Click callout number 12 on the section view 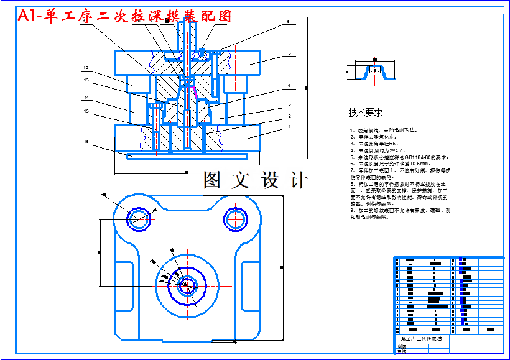pos(86,68)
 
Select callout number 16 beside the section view pos(86,142)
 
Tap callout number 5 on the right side pos(289,54)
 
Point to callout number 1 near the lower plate pos(289,126)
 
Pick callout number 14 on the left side pos(86,98)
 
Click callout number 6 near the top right pos(289,22)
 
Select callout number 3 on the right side pos(289,104)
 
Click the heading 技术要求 pos(365,113)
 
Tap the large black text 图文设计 pos(256,180)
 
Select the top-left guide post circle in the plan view pos(139,218)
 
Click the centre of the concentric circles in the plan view pos(185,286)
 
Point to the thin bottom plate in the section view pos(187,155)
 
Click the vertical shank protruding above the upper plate pos(183,37)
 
